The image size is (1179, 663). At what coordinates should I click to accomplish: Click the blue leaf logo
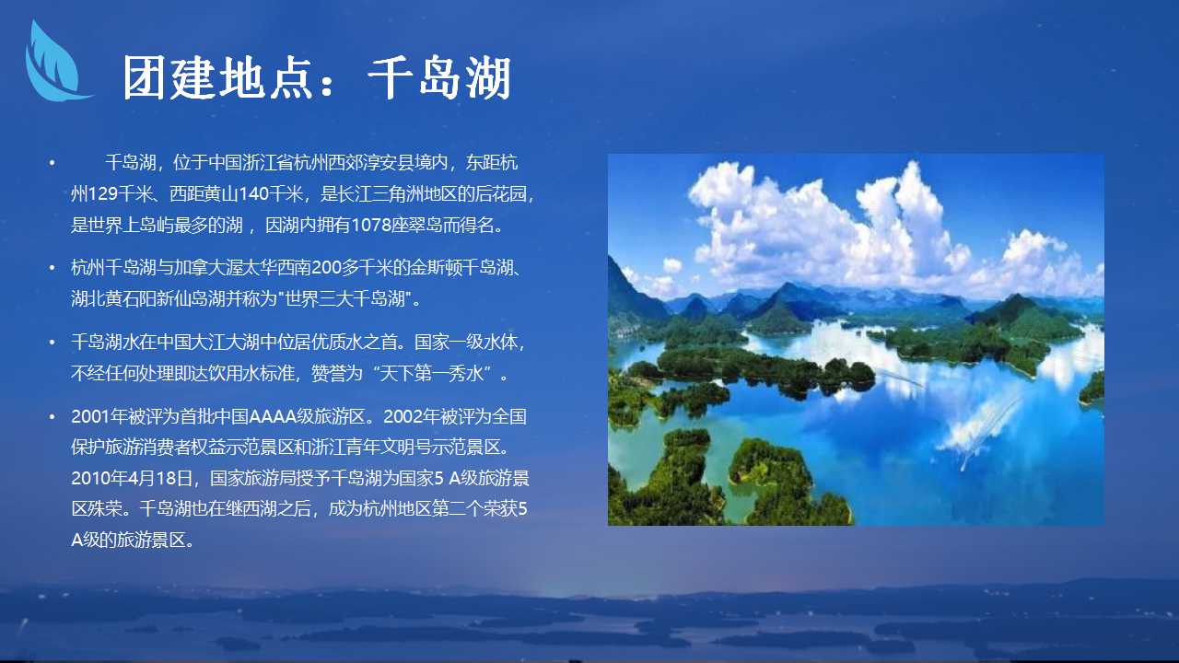click(55, 64)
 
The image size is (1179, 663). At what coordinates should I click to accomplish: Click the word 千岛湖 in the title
click(439, 78)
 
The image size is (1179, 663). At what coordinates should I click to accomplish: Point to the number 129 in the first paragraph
click(102, 194)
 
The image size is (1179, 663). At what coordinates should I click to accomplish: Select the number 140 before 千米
click(253, 194)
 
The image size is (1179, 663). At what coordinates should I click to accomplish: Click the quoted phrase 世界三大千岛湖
click(344, 299)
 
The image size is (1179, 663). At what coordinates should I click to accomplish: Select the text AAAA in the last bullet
click(272, 417)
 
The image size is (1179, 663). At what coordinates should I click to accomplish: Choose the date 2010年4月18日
click(132, 478)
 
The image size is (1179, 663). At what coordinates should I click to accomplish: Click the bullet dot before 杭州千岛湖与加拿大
click(53, 268)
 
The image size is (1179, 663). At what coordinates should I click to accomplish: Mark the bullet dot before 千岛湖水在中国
click(53, 343)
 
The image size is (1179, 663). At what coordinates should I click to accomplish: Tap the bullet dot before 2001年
click(53, 417)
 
